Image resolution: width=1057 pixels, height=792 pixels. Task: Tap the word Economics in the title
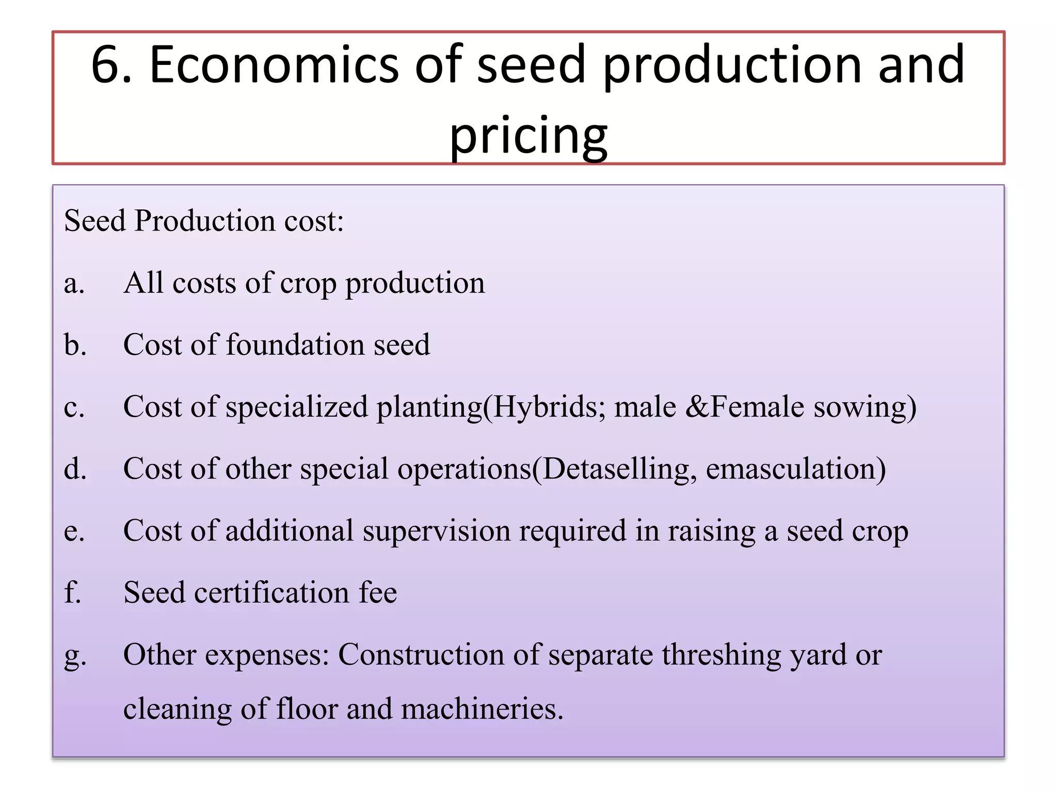tap(274, 65)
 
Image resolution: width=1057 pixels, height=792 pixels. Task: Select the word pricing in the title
tap(528, 135)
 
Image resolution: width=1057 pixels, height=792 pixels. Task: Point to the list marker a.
tap(74, 284)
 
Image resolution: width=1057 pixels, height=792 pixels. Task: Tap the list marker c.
tap(74, 407)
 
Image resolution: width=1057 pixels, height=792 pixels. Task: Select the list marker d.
tap(75, 469)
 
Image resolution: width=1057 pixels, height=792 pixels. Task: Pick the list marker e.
tap(74, 531)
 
